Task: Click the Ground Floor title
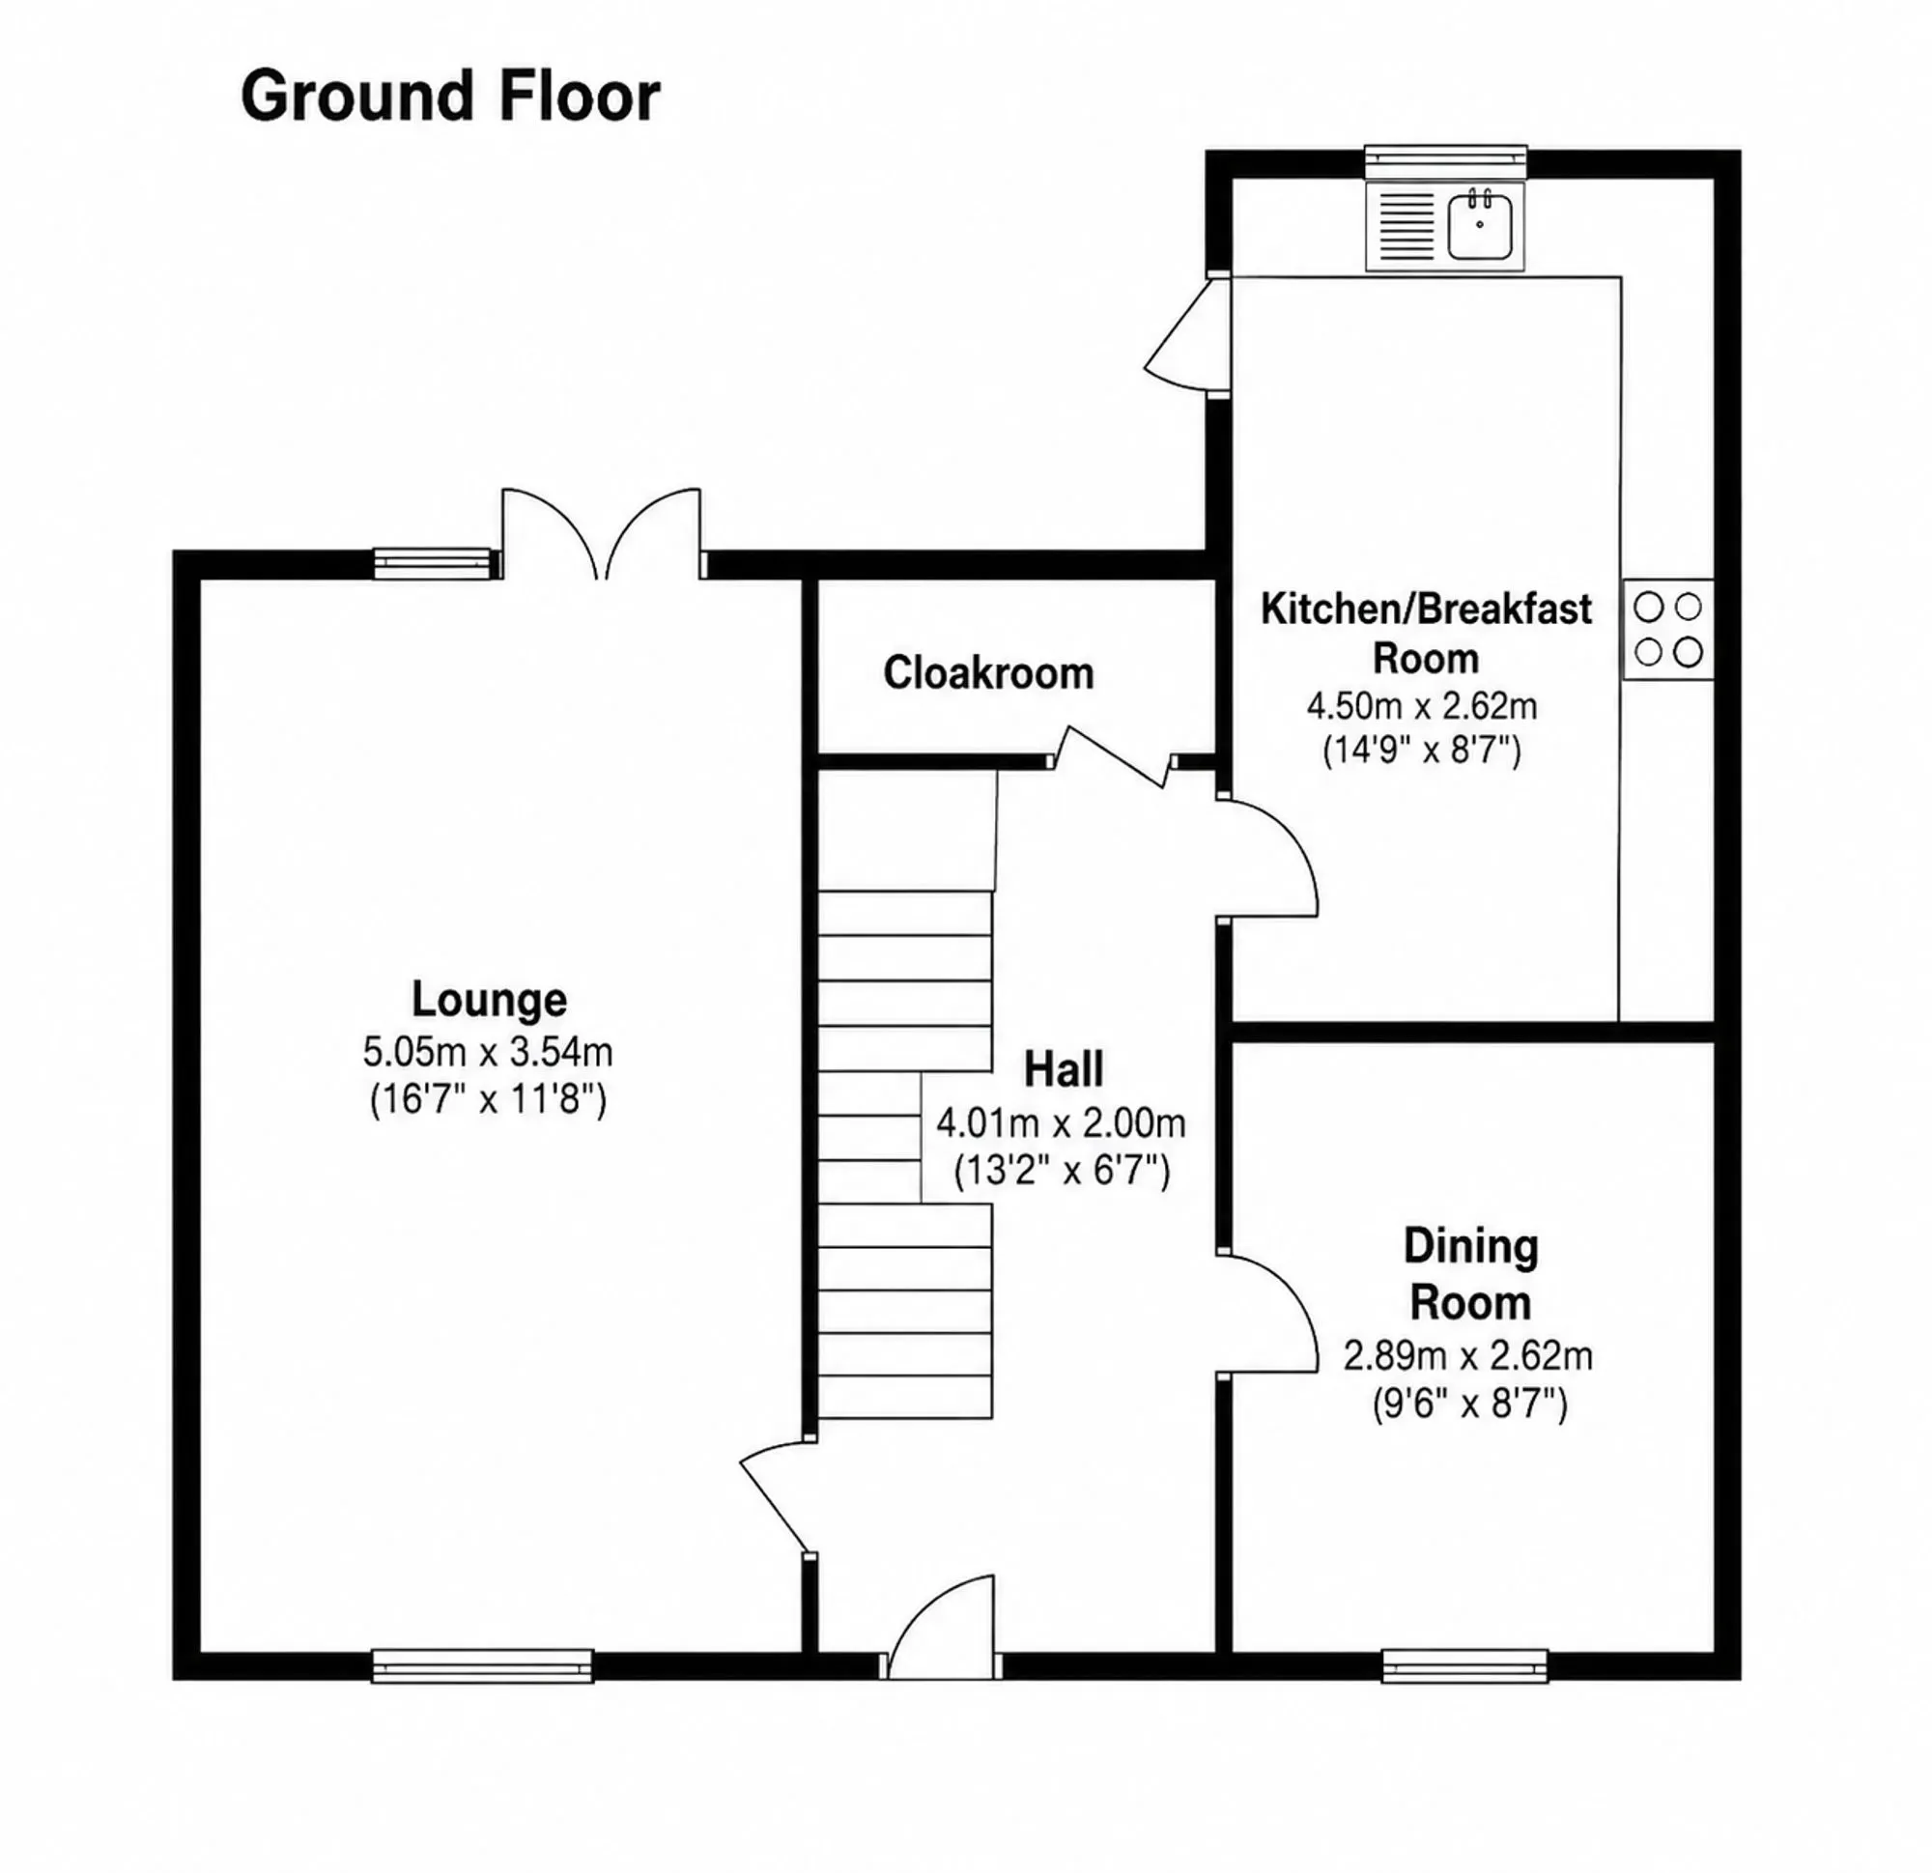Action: pos(450,97)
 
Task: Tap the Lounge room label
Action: pos(489,1000)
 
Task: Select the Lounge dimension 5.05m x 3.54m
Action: pos(488,1053)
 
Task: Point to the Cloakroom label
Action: pos(988,673)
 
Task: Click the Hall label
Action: pos(1063,1069)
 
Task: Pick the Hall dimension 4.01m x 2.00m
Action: pos(1061,1122)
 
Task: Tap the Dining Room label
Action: pos(1470,1275)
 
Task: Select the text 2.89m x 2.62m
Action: pos(1467,1356)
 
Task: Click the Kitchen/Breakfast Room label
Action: pos(1427,633)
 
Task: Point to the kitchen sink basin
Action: pos(1480,225)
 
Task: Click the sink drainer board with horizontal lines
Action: pos(1406,227)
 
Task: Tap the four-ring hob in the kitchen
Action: pos(1668,629)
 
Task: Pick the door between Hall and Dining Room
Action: pos(1268,1314)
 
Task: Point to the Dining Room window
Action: pos(1464,1666)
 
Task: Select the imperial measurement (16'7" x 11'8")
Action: pos(488,1098)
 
